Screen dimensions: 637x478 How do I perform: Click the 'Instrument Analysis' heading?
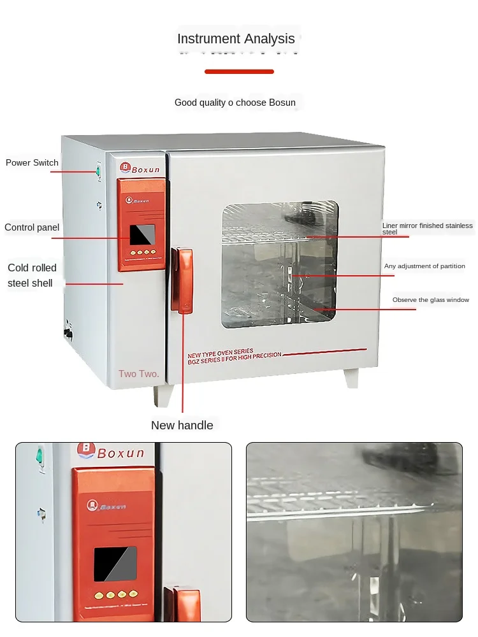coord(236,39)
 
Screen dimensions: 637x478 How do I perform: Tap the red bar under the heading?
coord(239,71)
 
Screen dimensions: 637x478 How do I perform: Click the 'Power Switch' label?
coord(32,163)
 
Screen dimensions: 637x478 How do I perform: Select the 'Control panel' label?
coord(32,227)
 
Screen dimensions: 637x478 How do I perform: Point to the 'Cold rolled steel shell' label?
coord(32,275)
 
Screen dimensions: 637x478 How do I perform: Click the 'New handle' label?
coord(182,426)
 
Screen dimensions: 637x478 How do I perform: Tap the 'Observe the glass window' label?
coord(431,300)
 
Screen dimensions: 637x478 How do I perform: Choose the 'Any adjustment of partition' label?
coord(424,266)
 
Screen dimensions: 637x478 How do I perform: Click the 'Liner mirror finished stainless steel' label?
coord(427,229)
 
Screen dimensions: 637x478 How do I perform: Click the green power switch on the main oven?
coord(99,170)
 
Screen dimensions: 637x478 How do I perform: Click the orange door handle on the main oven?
coord(184,280)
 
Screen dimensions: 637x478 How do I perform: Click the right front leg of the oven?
coord(351,378)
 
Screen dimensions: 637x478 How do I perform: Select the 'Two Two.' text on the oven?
coord(139,374)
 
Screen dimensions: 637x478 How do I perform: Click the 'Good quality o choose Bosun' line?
coord(235,103)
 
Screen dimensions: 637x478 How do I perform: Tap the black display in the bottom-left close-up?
coord(115,564)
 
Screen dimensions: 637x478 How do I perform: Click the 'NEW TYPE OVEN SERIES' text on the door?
coord(221,352)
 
